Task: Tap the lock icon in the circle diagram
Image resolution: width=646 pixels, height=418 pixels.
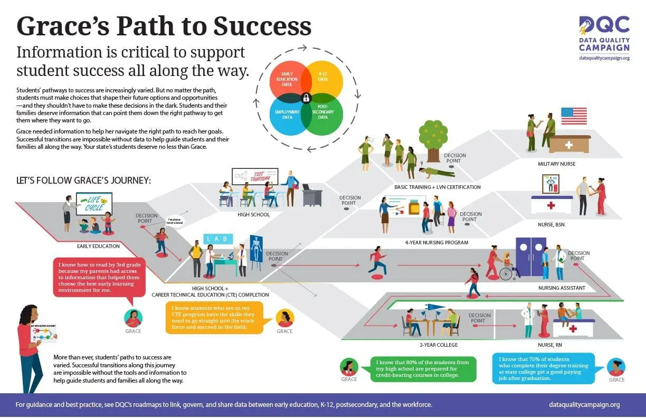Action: [306, 97]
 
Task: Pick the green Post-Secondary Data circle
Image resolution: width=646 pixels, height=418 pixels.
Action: [323, 114]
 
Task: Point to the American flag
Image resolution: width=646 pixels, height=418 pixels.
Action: [574, 116]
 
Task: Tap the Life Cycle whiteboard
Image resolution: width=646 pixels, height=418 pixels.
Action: [94, 204]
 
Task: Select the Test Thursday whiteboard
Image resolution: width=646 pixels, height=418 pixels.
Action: [255, 177]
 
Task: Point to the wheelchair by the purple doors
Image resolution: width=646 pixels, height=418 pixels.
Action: [507, 272]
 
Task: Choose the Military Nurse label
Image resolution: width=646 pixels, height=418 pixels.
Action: [556, 164]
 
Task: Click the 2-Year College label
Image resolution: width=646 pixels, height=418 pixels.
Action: [438, 345]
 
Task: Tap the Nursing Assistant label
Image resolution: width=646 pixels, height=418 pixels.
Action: [562, 288]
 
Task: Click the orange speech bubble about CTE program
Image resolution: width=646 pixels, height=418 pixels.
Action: [215, 317]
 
